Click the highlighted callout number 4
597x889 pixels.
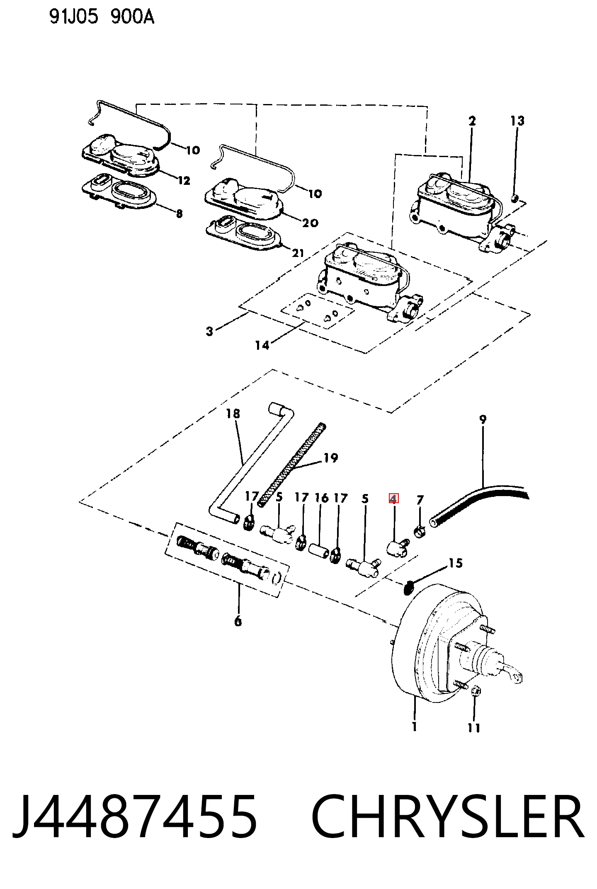(x=393, y=498)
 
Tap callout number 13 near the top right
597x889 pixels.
(x=517, y=121)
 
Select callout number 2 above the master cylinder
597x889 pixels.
(x=472, y=121)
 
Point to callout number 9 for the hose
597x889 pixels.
(x=483, y=419)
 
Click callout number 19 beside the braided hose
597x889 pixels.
(x=330, y=458)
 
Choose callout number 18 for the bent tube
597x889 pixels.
(x=233, y=413)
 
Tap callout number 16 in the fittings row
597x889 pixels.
(x=322, y=498)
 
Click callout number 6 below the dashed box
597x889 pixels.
(x=238, y=621)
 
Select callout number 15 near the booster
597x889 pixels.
(x=456, y=563)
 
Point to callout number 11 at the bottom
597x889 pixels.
(x=474, y=728)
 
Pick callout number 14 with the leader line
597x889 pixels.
(x=262, y=345)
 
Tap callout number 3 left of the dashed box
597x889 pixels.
(x=210, y=331)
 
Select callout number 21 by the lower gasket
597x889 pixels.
(x=298, y=253)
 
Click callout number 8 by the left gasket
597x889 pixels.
(x=179, y=213)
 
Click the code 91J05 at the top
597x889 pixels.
(x=74, y=18)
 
